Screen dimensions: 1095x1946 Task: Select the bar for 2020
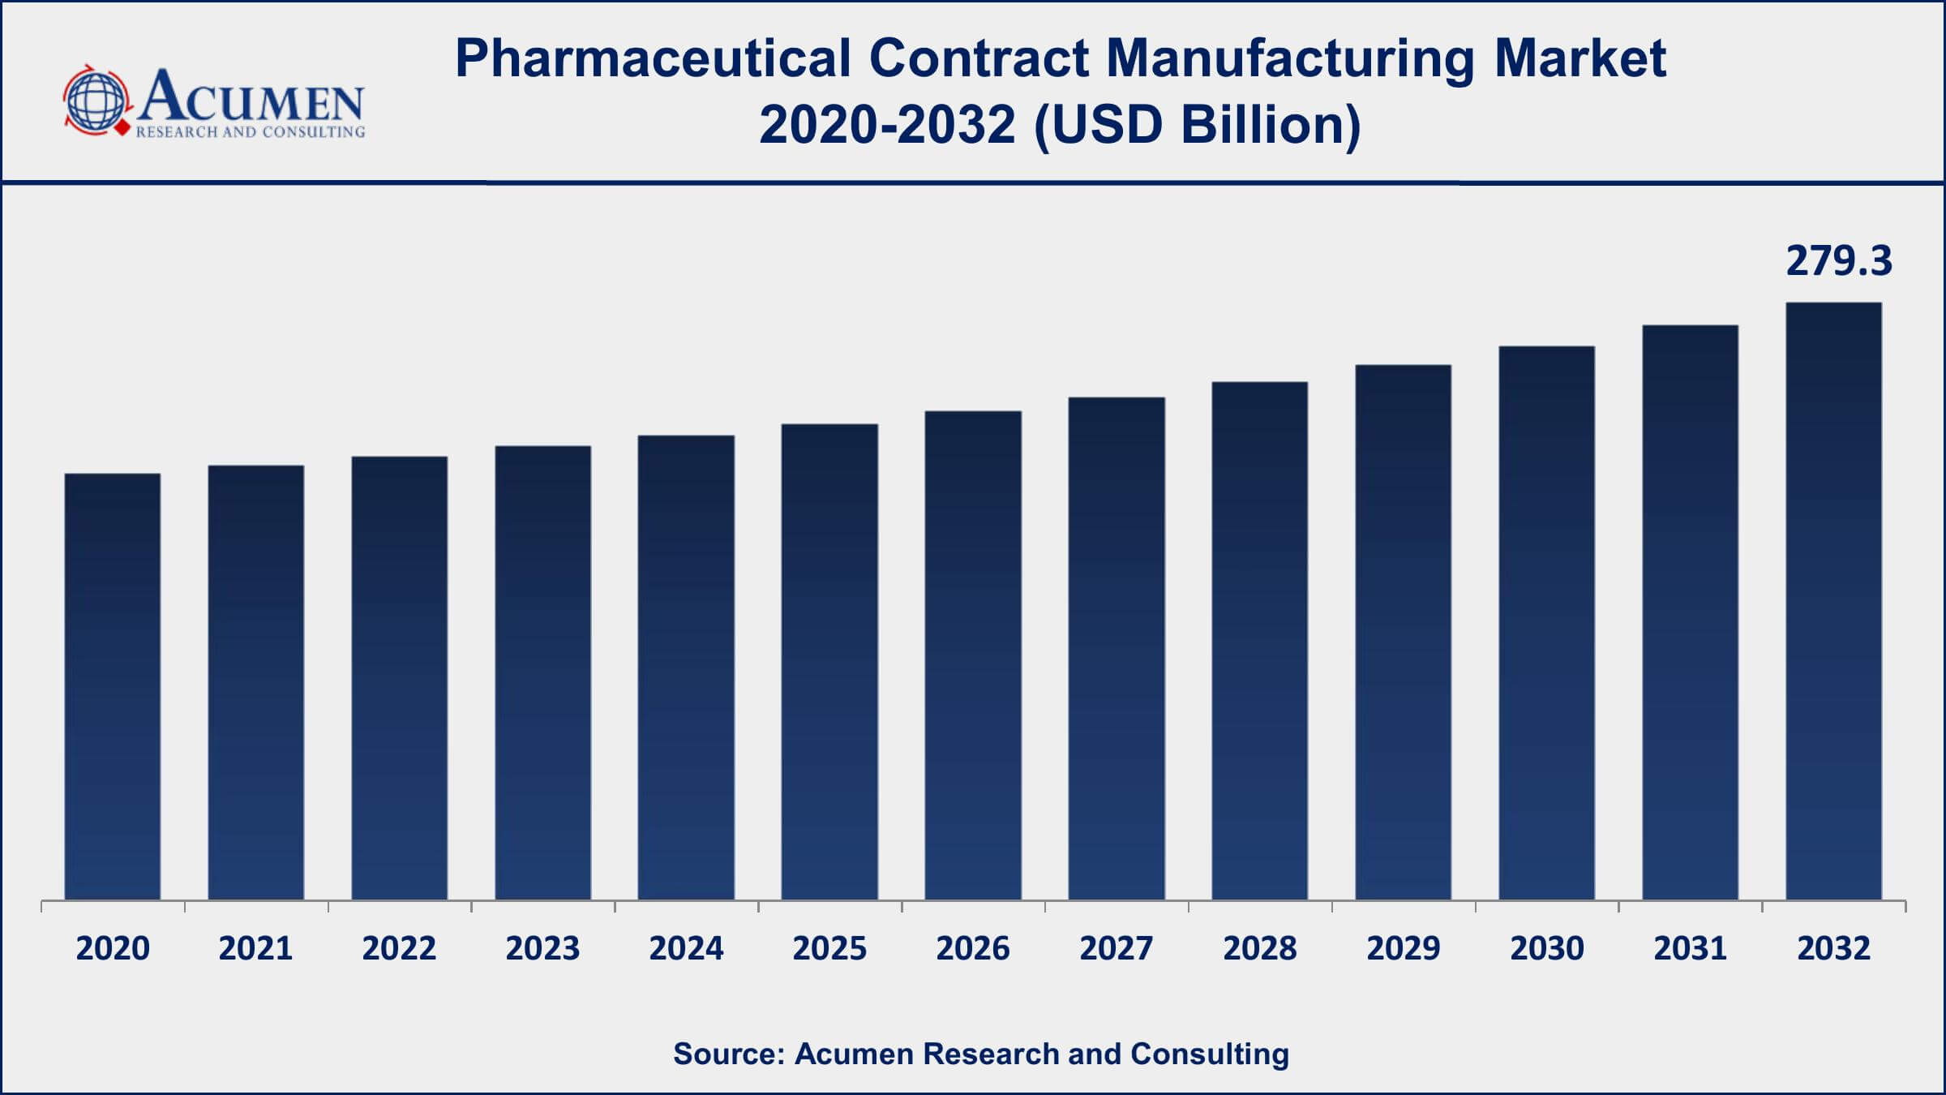tap(113, 686)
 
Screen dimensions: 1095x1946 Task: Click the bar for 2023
tap(543, 672)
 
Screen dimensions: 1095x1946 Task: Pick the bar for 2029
tap(1403, 632)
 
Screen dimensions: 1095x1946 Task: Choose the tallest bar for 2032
tap(1833, 601)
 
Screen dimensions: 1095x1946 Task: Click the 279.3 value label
tap(1838, 261)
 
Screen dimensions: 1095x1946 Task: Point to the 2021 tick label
tap(255, 948)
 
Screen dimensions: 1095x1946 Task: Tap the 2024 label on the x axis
tap(686, 948)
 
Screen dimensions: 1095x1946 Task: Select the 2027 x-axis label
tap(1117, 948)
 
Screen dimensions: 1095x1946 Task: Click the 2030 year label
tap(1546, 948)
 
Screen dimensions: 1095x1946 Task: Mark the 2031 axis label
tap(1690, 948)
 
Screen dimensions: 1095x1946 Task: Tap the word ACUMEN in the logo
tap(251, 96)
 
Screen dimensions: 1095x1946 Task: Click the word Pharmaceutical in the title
tap(653, 58)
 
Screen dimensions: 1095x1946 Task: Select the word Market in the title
tap(1580, 58)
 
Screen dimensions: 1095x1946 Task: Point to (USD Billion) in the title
tap(1198, 126)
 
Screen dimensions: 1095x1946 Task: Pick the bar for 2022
tap(399, 678)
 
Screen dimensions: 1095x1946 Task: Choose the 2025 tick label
tap(829, 948)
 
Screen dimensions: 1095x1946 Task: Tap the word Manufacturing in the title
tap(1289, 58)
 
